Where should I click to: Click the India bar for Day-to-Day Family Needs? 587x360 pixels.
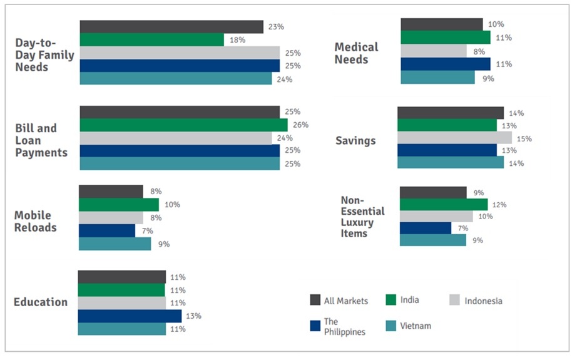coord(151,39)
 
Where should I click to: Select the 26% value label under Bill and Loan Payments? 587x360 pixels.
coord(300,125)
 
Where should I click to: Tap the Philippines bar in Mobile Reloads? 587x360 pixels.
coord(106,230)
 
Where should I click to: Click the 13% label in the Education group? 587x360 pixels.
coord(193,316)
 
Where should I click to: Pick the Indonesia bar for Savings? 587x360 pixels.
coord(454,138)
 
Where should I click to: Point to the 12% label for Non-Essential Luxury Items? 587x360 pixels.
coord(499,205)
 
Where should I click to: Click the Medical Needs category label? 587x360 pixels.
coord(356,53)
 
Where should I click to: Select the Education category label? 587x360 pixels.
coord(41,302)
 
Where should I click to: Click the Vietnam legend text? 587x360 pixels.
coord(417,326)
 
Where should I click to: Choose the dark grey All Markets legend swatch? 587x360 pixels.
coord(316,300)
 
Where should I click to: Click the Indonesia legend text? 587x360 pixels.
coord(483,301)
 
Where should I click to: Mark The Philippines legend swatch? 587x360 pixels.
coord(316,326)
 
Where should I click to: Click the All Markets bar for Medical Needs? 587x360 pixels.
coord(441,24)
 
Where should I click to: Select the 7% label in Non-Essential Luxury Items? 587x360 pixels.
coord(462,229)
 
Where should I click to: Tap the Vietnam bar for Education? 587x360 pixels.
coord(122,329)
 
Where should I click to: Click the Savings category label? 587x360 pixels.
coord(355,140)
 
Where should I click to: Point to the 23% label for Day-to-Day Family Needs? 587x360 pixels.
coord(276,27)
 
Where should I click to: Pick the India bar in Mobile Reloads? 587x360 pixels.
coord(118,205)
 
